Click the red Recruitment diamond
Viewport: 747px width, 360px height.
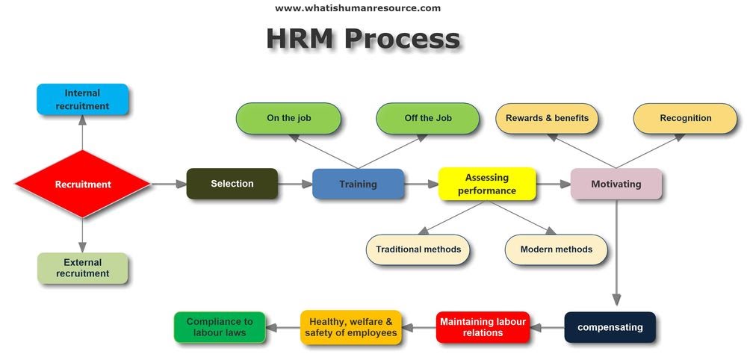82,184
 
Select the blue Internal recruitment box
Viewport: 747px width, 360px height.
82,99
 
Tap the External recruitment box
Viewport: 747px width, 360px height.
82,268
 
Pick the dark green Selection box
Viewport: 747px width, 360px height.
232,184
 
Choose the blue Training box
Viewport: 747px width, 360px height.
358,184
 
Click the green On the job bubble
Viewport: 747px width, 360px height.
288,118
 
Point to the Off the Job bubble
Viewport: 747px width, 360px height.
427,118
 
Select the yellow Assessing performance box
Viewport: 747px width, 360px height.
486,184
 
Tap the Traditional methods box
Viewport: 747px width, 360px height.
418,249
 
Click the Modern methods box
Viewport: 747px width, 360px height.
556,249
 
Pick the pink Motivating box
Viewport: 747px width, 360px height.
616,184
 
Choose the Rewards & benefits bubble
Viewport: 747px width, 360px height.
547,118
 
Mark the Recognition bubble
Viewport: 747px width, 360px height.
685,118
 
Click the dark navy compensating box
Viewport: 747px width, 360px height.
610,326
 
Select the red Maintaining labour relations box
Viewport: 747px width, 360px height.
483,326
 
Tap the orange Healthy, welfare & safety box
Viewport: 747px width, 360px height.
351,326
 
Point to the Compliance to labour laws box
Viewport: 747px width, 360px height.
219,326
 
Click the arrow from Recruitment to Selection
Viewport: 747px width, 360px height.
169,184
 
